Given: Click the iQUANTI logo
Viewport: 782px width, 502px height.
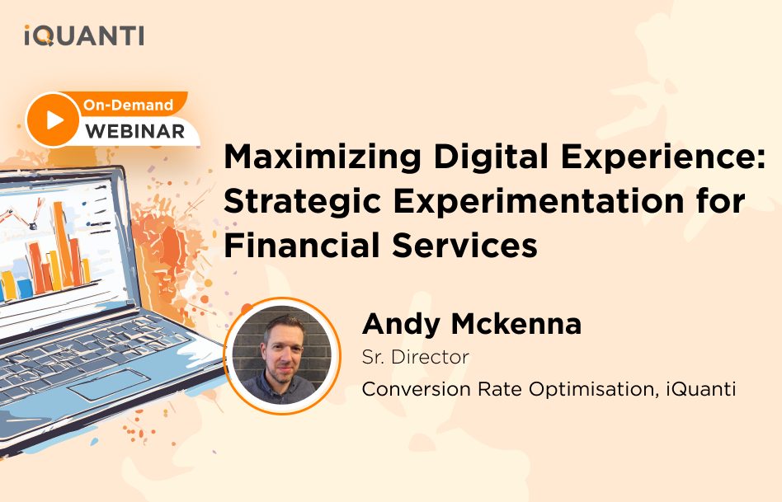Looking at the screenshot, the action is [84, 35].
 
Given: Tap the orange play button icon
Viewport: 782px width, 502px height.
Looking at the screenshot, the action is [53, 120].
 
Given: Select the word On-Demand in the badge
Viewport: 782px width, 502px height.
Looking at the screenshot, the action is [128, 105].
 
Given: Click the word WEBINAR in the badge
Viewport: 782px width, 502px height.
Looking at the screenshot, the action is [134, 131].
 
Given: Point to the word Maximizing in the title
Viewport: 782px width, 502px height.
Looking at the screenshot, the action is [323, 157].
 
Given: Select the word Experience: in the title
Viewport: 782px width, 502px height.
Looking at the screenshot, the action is [663, 157].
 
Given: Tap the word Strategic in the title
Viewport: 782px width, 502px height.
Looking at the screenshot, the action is [303, 201].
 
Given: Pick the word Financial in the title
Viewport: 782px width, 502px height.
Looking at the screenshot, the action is [302, 246].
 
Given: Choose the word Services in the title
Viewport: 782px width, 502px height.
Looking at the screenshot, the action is [464, 246].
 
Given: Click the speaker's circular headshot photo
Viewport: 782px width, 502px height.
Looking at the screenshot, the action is [282, 355].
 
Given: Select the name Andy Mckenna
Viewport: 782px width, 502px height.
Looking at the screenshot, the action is [472, 323].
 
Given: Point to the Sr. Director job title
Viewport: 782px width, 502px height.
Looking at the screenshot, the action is [416, 357].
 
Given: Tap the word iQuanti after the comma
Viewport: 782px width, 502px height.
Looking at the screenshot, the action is [701, 389].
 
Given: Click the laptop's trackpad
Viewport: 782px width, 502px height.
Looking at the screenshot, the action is [109, 384].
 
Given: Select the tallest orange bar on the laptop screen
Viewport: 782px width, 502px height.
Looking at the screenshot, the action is [63, 243].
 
